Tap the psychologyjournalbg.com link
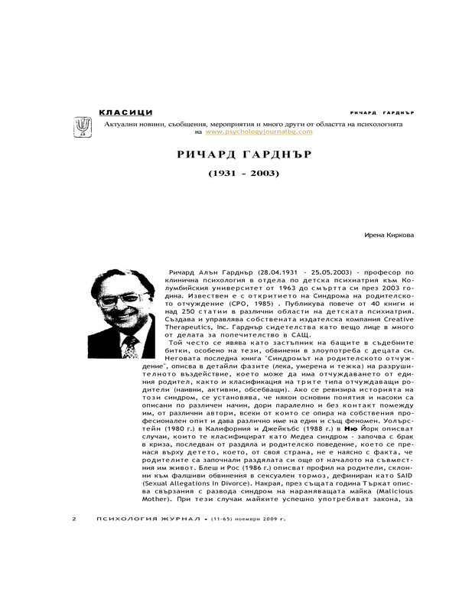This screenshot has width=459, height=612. pyautogui.click(x=248, y=132)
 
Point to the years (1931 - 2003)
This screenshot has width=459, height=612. pyautogui.click(x=244, y=174)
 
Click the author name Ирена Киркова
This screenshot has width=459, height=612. pyautogui.click(x=393, y=235)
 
